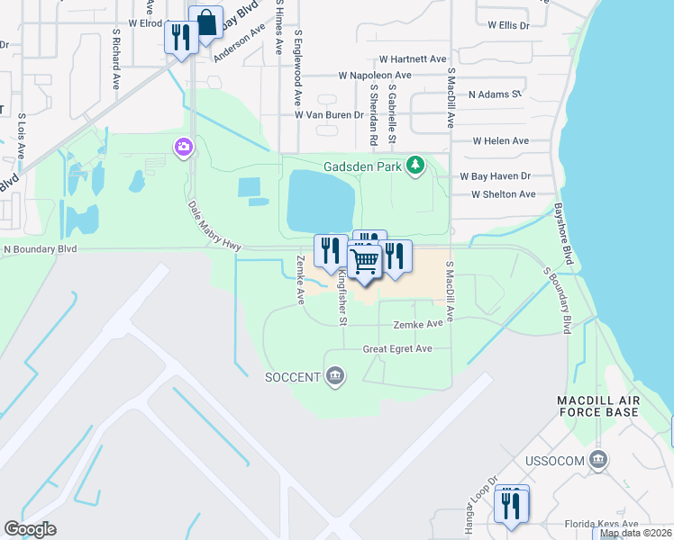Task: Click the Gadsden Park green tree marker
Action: tap(415, 165)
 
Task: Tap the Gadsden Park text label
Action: tap(363, 166)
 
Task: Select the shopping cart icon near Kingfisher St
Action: tap(364, 261)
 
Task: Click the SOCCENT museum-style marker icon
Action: tap(335, 375)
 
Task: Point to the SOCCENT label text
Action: tap(292, 376)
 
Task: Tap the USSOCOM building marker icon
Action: tap(597, 461)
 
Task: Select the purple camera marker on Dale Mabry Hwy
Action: tap(184, 147)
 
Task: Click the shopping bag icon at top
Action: tap(206, 23)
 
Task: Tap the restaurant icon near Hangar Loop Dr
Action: tap(512, 503)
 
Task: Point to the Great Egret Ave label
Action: tap(397, 349)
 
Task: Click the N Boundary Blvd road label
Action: tap(41, 248)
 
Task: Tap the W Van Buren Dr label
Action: tap(329, 115)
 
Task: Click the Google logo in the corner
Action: tap(30, 529)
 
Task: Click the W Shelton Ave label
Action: tap(503, 193)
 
